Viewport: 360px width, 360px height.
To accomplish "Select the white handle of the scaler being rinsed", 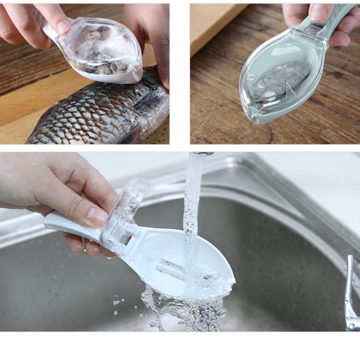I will coord(67,223).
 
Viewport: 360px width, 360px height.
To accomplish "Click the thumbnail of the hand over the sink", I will coord(97,216).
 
